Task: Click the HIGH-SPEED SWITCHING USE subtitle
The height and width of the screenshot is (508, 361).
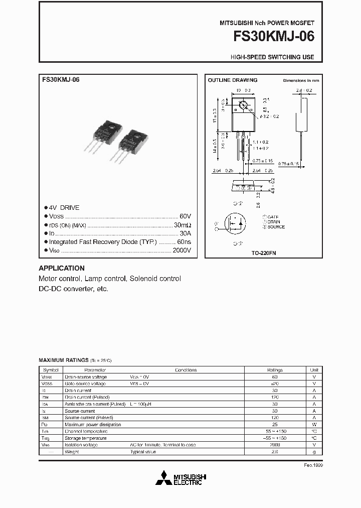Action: [272, 57]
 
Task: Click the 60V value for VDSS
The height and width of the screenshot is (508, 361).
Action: [185, 216]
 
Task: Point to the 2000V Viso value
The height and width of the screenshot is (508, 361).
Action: [182, 250]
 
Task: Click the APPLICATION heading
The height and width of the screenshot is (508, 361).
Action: [62, 268]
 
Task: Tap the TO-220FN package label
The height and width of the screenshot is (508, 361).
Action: [264, 253]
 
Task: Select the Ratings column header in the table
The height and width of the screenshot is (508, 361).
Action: [274, 369]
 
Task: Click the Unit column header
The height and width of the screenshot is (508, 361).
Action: [314, 369]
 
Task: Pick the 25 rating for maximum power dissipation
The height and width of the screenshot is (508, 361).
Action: [274, 424]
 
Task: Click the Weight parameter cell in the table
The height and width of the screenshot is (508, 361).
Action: [71, 452]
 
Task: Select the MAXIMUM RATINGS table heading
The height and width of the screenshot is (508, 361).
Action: [64, 360]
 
